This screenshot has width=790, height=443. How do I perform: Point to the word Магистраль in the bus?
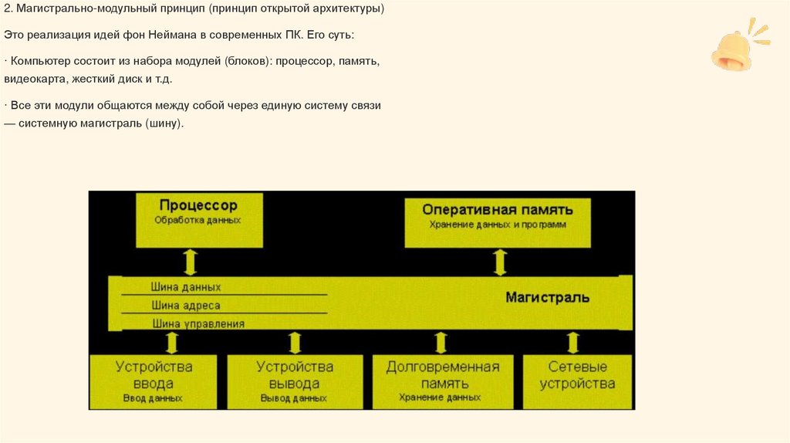548,297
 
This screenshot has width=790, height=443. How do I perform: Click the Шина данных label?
186,287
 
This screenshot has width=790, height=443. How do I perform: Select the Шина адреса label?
186,306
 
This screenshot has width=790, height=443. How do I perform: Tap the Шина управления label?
198,324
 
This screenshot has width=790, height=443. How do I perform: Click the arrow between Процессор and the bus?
191,262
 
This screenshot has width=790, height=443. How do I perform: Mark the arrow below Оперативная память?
500,262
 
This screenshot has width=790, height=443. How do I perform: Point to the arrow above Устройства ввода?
172,342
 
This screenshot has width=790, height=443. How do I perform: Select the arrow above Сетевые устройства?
572,342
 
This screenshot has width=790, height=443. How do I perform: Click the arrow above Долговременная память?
441,342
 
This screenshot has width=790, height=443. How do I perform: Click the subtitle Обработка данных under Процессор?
197,220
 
